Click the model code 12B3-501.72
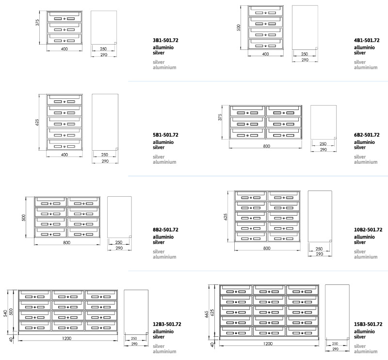(167, 324)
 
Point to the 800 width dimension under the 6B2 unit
(266, 145)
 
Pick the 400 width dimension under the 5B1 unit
(64, 155)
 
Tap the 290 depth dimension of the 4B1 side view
(305, 60)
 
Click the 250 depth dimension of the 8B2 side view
(119, 242)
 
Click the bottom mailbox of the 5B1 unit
(64, 145)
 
